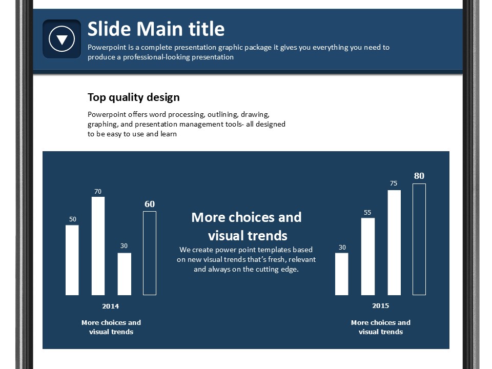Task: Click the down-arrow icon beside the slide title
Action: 62,39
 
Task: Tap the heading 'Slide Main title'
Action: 156,29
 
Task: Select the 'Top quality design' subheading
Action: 134,97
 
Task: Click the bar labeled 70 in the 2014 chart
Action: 98,246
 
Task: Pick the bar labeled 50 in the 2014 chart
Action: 72,260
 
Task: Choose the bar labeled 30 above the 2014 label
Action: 124,274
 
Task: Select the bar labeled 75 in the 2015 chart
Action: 394,242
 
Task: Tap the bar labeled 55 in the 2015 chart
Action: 368,257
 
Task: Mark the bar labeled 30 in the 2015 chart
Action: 342,274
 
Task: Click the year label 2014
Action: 111,306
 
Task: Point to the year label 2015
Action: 381,305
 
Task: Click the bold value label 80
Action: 419,176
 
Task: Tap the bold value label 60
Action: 150,204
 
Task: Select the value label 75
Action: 394,183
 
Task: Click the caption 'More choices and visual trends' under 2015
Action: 381,327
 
